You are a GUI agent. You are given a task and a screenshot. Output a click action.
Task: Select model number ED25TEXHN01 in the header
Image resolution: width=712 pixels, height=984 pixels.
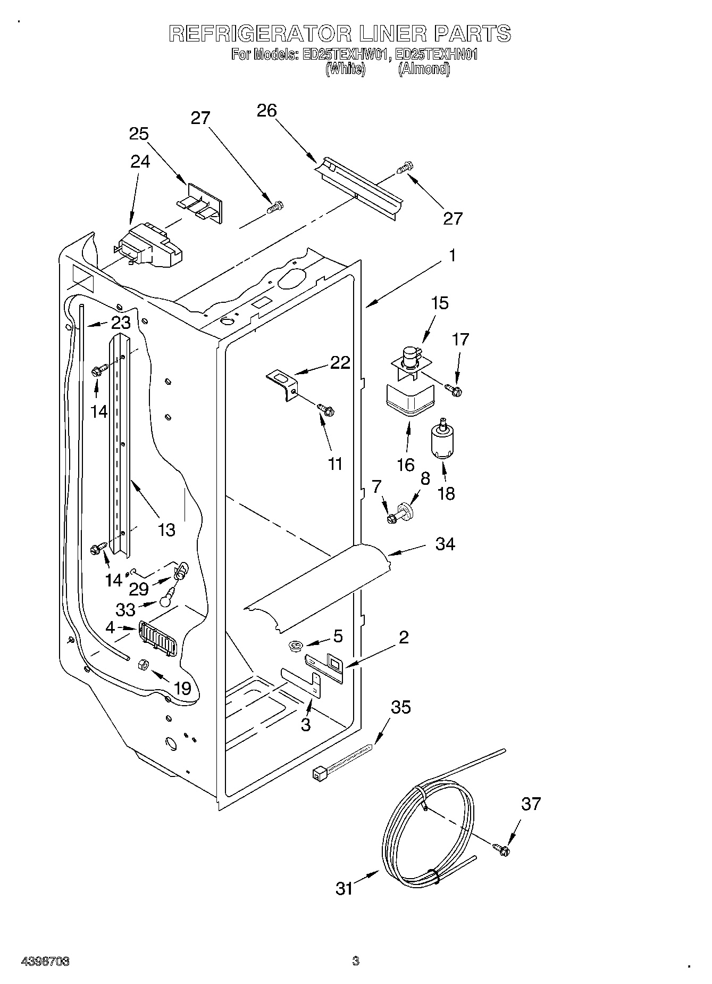point(438,54)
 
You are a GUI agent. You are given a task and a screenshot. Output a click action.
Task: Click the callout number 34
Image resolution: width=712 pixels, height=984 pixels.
point(445,544)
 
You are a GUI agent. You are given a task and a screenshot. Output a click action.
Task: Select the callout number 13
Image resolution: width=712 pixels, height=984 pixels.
point(166,530)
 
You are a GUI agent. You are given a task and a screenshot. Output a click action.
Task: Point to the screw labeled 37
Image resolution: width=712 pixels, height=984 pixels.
point(501,850)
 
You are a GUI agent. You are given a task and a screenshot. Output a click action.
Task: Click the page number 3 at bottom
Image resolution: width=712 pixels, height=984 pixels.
point(355,961)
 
